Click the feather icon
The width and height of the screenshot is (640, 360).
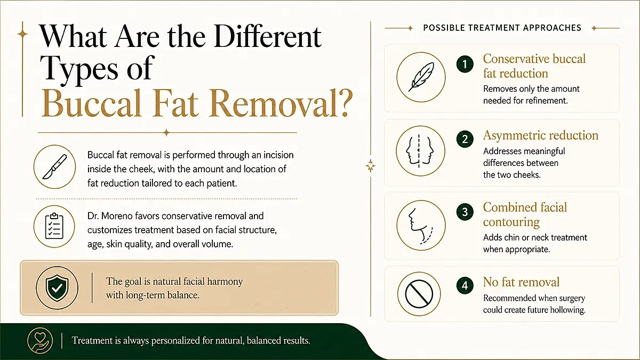421,77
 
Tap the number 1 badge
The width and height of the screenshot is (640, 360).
465,64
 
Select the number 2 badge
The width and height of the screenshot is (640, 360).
465,139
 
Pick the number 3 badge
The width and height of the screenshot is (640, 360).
465,212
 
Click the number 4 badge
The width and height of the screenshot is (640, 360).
465,285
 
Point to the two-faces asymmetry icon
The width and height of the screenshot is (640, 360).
420,151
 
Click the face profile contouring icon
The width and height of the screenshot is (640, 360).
420,226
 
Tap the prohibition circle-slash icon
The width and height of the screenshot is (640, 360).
419,294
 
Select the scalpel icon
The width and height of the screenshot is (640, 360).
54,167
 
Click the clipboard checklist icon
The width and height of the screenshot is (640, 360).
54,226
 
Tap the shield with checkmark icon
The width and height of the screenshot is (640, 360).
57,288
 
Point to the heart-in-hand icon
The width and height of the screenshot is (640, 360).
40,341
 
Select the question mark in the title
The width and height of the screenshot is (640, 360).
342,103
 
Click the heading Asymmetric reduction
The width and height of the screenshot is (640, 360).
541,135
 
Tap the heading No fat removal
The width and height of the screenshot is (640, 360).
521,282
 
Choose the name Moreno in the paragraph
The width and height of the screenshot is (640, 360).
117,216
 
